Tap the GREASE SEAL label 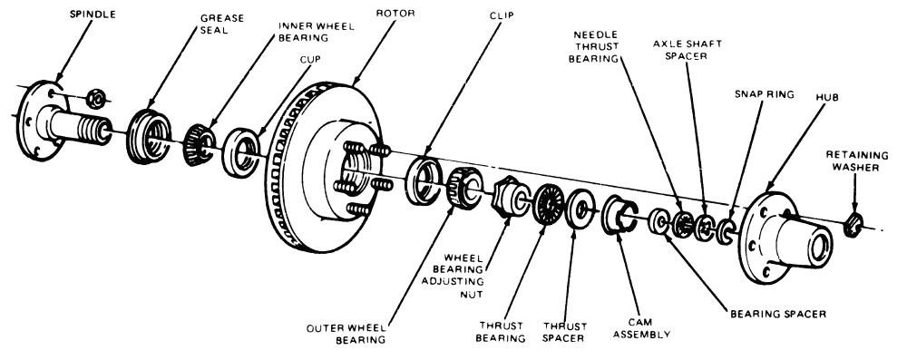click(223, 24)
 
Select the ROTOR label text click(395, 13)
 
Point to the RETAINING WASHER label click(857, 161)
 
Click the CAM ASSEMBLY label click(641, 328)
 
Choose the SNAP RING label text click(764, 93)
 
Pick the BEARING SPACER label click(777, 314)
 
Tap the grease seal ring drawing click(148, 136)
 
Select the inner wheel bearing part click(200, 145)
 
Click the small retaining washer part click(853, 225)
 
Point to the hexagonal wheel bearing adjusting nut click(508, 195)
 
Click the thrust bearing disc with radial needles click(548, 204)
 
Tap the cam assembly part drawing click(618, 214)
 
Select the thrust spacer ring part click(580, 208)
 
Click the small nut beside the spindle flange click(95, 99)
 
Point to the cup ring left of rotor click(240, 153)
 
